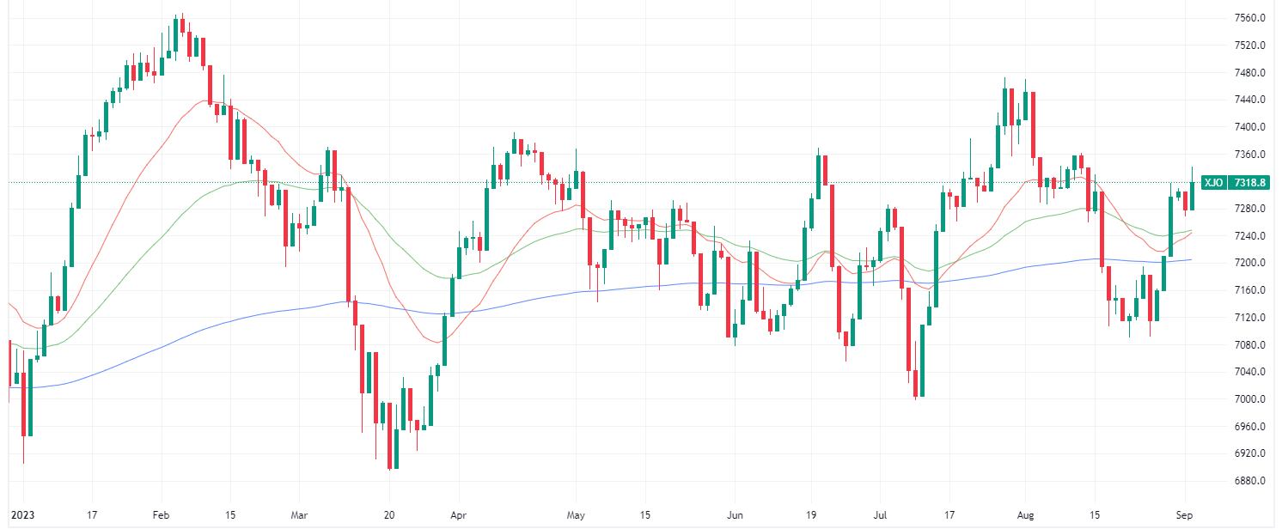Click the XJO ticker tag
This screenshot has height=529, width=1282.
click(x=1213, y=183)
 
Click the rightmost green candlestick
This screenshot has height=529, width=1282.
click(x=1192, y=196)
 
